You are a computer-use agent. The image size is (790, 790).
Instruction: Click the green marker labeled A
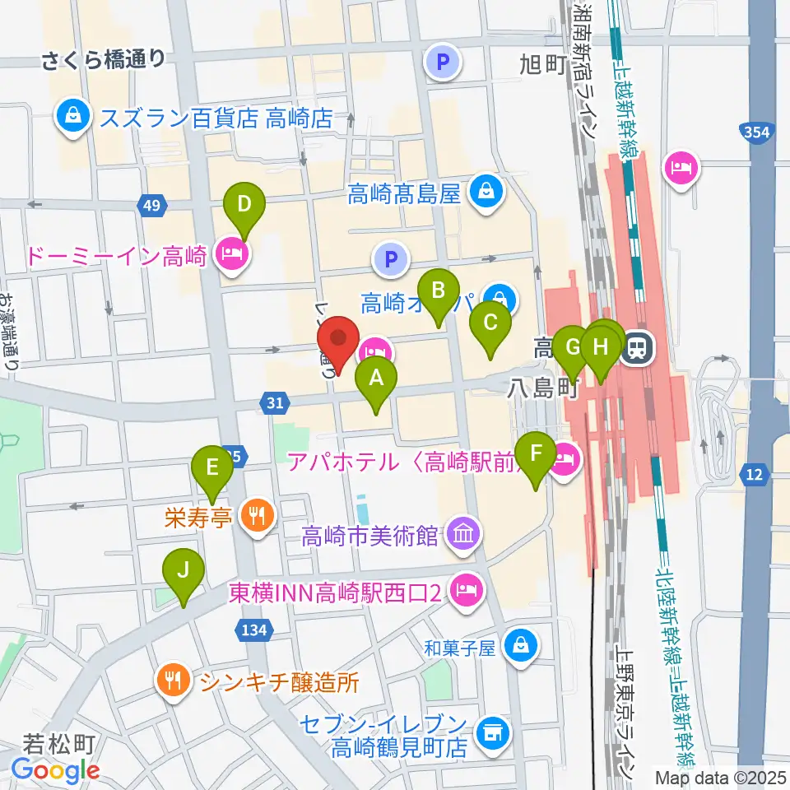pos(376,379)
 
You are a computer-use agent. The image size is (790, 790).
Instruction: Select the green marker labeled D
pos(244,204)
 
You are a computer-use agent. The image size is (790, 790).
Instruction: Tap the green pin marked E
pos(212,469)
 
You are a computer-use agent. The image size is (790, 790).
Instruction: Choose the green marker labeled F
pos(537,454)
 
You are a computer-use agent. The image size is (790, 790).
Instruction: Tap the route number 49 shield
pos(151,205)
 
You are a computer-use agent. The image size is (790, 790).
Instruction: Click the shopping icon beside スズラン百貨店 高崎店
pos(74,117)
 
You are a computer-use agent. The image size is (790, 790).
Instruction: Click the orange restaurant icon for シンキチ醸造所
pos(173,681)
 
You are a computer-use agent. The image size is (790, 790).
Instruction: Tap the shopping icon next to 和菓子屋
pos(521,644)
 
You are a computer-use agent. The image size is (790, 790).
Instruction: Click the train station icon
pos(636,349)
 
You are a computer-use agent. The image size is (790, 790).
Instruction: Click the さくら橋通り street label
pos(104,58)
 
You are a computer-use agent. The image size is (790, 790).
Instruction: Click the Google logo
pos(55,770)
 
